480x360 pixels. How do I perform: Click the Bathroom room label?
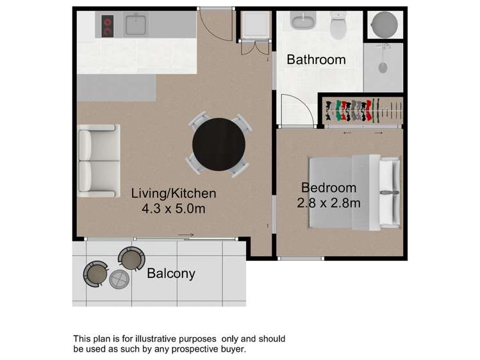point(316,60)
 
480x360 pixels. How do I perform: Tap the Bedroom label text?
point(328,188)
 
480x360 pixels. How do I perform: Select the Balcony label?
point(170,274)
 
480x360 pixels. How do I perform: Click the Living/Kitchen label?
point(174,193)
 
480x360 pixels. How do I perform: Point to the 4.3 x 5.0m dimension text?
point(173,209)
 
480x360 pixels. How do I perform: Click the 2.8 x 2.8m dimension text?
point(328,203)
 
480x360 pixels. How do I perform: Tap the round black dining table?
point(219,145)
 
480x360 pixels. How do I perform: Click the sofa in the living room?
point(99,160)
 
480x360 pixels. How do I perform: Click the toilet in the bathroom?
point(338,26)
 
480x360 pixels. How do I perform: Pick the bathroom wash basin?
point(300,20)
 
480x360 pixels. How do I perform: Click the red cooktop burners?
point(107,26)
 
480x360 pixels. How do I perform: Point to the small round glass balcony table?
point(119,279)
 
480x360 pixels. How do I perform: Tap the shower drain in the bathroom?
point(383,67)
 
